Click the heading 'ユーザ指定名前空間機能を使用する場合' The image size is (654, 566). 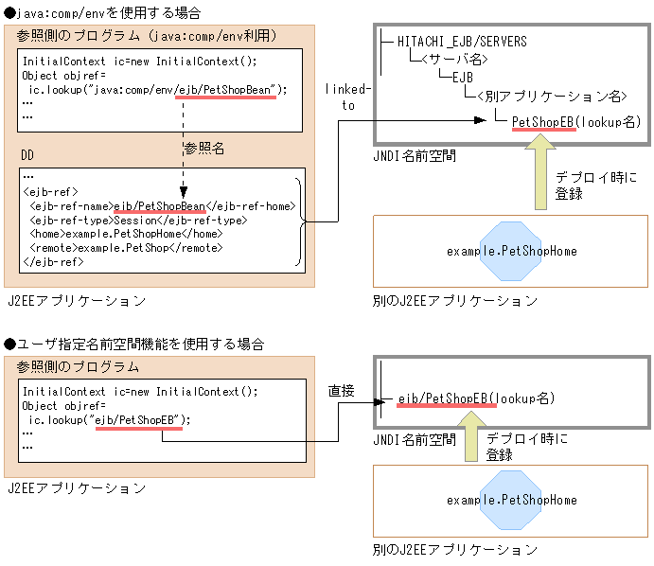(x=133, y=342)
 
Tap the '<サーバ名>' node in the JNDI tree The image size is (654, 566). (x=454, y=59)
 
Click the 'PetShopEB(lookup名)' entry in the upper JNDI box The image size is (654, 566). (x=575, y=122)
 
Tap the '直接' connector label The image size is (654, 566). (x=342, y=390)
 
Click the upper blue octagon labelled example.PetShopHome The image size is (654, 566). (x=511, y=251)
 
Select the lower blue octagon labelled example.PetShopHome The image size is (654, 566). (x=511, y=500)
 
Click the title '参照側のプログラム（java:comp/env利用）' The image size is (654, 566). (x=146, y=36)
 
